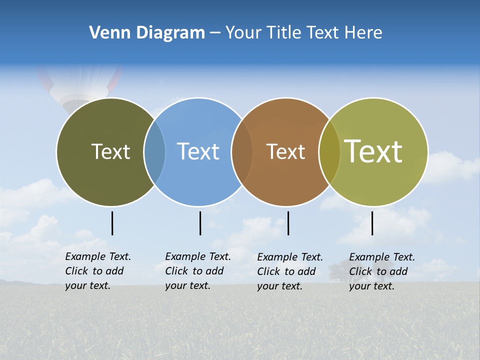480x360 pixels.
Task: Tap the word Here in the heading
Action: coord(364,33)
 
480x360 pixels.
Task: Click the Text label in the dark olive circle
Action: coord(110,151)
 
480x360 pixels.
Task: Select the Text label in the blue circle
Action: coord(198,151)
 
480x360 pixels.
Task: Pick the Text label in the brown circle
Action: coord(285,151)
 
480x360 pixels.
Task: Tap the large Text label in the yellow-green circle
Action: coord(373,151)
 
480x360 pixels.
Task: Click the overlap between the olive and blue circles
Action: coord(154,151)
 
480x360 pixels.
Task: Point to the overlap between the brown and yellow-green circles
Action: coord(329,151)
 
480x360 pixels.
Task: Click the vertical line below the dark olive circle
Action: coord(112,223)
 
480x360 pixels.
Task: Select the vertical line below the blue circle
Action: coord(200,223)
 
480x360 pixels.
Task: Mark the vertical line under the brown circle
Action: coord(288,223)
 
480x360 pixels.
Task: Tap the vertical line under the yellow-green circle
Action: coord(372,223)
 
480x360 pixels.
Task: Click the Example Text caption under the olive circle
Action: coord(98,271)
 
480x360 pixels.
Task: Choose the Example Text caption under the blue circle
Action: coord(198,271)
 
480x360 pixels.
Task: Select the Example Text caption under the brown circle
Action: coord(290,271)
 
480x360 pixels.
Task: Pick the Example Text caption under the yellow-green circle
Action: coord(382,271)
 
